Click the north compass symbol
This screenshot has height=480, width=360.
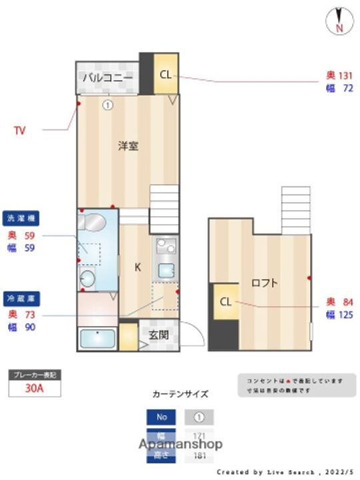click(339, 21)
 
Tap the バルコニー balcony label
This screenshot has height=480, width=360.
click(107, 78)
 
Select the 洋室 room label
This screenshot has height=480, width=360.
click(128, 146)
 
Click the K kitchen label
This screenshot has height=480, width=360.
click(138, 268)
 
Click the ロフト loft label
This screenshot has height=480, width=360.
click(265, 283)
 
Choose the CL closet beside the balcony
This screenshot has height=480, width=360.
click(165, 74)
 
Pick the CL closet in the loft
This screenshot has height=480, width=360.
click(225, 302)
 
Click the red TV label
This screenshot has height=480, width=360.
click(20, 131)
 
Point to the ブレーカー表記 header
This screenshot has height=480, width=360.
click(35, 375)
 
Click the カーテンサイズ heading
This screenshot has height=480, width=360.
click(181, 393)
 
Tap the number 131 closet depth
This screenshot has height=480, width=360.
click(344, 75)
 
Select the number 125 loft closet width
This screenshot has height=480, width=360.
click(345, 315)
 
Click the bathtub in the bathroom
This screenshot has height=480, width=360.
click(98, 339)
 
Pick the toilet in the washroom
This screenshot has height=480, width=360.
click(87, 277)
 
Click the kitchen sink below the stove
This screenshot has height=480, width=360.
click(166, 270)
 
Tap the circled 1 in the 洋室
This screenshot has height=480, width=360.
click(107, 104)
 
